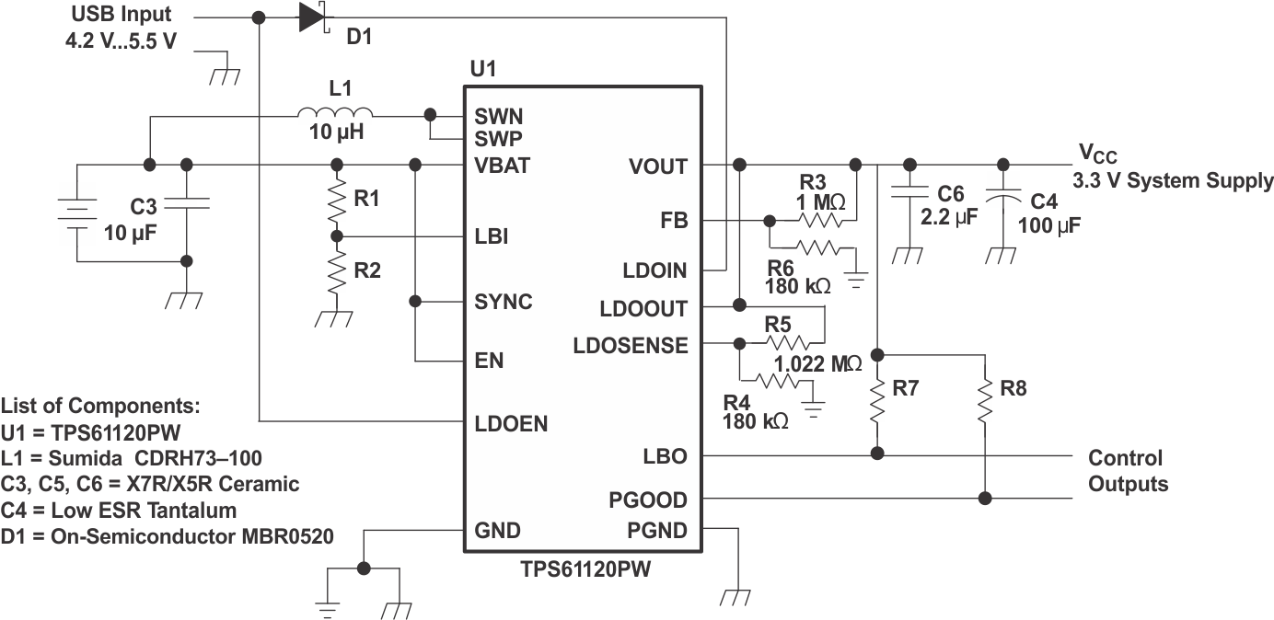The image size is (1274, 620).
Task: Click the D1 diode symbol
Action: point(314,17)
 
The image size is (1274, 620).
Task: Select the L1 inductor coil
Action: point(330,115)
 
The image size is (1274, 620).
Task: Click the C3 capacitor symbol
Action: point(188,205)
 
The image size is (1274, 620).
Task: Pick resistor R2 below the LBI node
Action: point(337,271)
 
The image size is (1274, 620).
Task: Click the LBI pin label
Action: point(492,237)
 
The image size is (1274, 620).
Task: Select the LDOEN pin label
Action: point(511,424)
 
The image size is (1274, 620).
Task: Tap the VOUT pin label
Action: point(657,166)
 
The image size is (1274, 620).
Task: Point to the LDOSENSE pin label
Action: point(630,346)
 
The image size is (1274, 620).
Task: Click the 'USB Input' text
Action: point(121,16)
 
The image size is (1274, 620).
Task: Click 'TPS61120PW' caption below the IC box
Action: point(583,569)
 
